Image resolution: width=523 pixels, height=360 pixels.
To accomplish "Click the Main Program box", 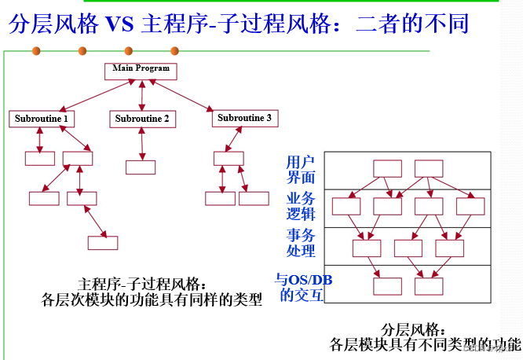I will pyautogui.click(x=141, y=69).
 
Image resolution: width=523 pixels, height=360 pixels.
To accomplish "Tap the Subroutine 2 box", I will pyautogui.click(x=142, y=119).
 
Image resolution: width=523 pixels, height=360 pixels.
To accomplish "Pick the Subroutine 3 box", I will pyautogui.click(x=244, y=118).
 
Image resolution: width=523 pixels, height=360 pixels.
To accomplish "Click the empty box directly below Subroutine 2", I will pyautogui.click(x=141, y=167).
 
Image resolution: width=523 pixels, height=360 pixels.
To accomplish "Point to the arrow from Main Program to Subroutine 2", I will pyautogui.click(x=141, y=94).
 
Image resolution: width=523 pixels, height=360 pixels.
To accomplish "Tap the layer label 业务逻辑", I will pyautogui.click(x=301, y=206).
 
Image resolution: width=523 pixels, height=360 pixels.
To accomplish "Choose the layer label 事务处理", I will pyautogui.click(x=301, y=243).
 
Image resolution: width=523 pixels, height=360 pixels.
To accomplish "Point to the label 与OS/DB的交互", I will pyautogui.click(x=299, y=288).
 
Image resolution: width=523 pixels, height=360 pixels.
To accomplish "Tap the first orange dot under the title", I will pyautogui.click(x=35, y=52).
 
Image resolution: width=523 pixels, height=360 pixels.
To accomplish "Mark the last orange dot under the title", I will pyautogui.click(x=174, y=52).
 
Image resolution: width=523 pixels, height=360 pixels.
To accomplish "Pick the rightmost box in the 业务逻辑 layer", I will pyautogui.click(x=470, y=207).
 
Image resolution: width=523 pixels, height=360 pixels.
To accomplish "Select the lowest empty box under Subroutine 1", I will pyautogui.click(x=103, y=243).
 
